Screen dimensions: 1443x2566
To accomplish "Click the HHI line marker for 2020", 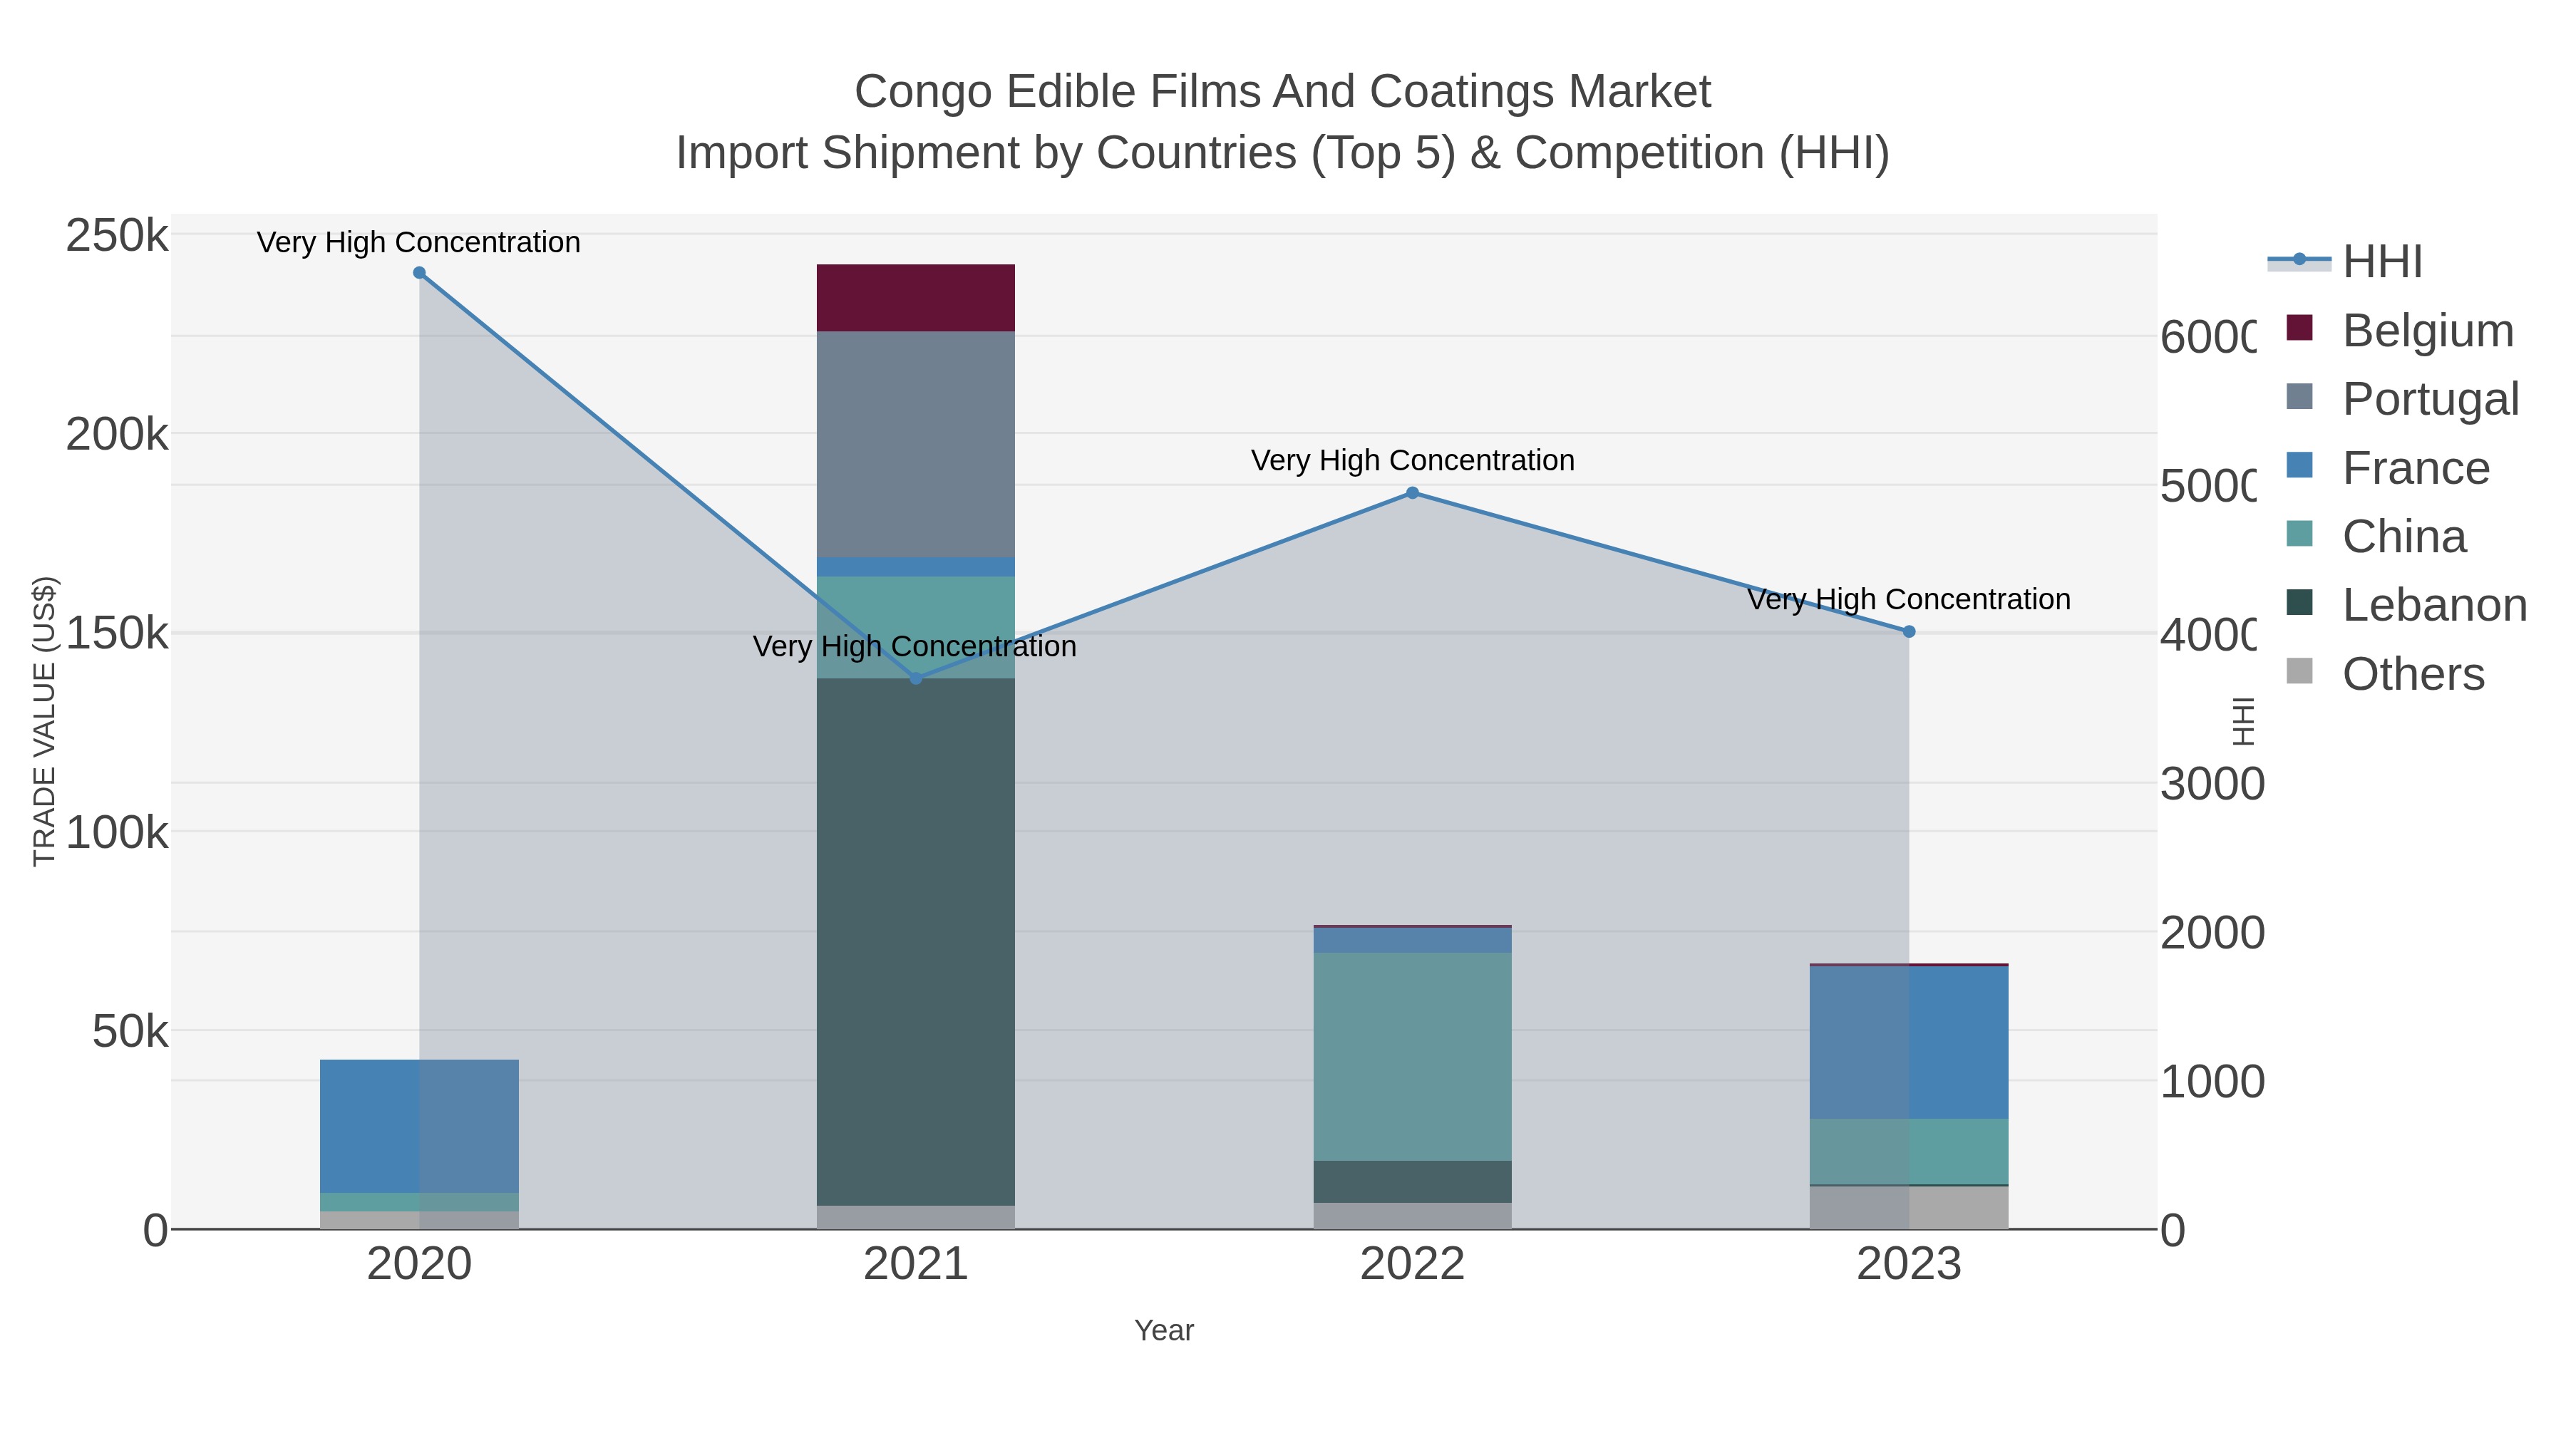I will (419, 273).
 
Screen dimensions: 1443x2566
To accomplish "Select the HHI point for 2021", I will (917, 678).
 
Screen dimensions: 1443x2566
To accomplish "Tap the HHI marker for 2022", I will (1413, 493).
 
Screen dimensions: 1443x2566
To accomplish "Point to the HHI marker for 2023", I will (1909, 631).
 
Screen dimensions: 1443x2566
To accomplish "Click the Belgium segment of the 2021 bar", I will (915, 298).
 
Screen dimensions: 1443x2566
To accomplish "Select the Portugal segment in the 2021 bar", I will (915, 444).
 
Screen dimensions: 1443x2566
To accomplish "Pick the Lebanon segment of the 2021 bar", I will (915, 941).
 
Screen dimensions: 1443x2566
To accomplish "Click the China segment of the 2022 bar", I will (1413, 1055).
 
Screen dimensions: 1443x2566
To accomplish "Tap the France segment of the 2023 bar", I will (1909, 1042).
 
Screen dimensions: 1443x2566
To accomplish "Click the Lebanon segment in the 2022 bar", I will (1413, 1181).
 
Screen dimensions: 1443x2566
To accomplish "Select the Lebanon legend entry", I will (2433, 604).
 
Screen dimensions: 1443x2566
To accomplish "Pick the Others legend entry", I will (2413, 674).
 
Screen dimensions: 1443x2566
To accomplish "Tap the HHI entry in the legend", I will (2381, 262).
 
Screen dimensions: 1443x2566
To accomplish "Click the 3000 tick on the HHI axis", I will (2211, 785).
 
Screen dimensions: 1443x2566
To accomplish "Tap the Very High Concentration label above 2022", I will (1413, 460).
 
